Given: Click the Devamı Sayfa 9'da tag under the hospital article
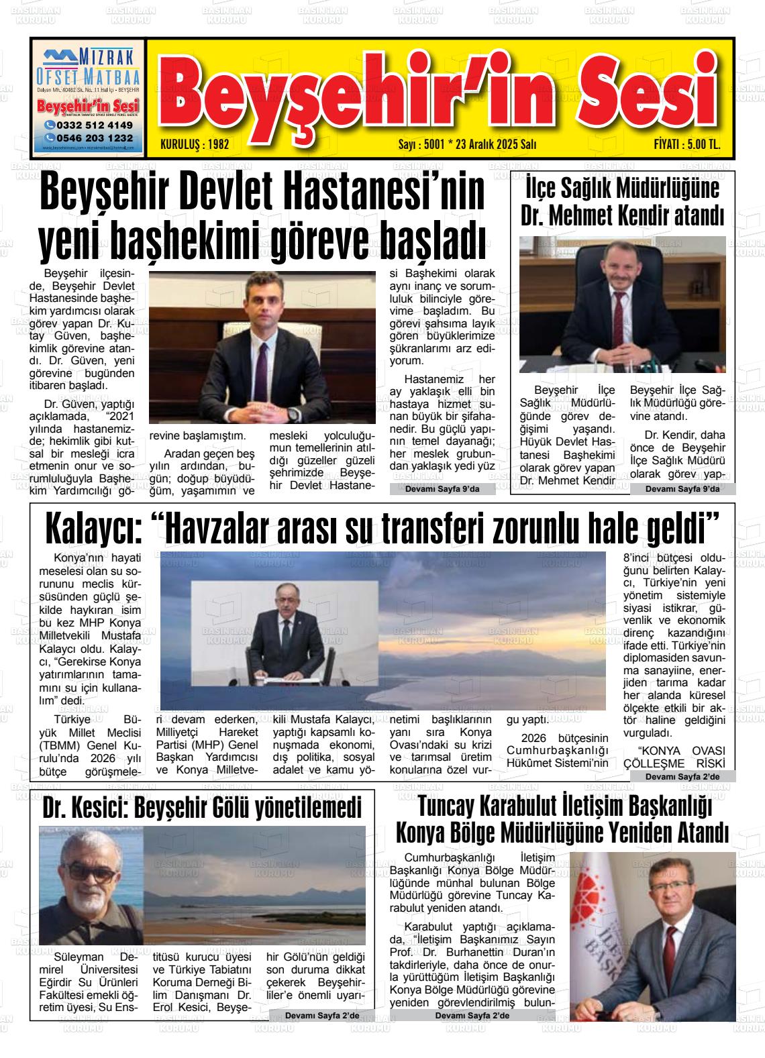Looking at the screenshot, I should (442, 489).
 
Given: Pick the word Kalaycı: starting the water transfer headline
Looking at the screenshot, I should (93, 530).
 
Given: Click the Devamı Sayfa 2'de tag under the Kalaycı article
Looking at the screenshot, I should (681, 776).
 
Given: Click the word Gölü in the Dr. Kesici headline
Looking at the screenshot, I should (241, 809).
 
